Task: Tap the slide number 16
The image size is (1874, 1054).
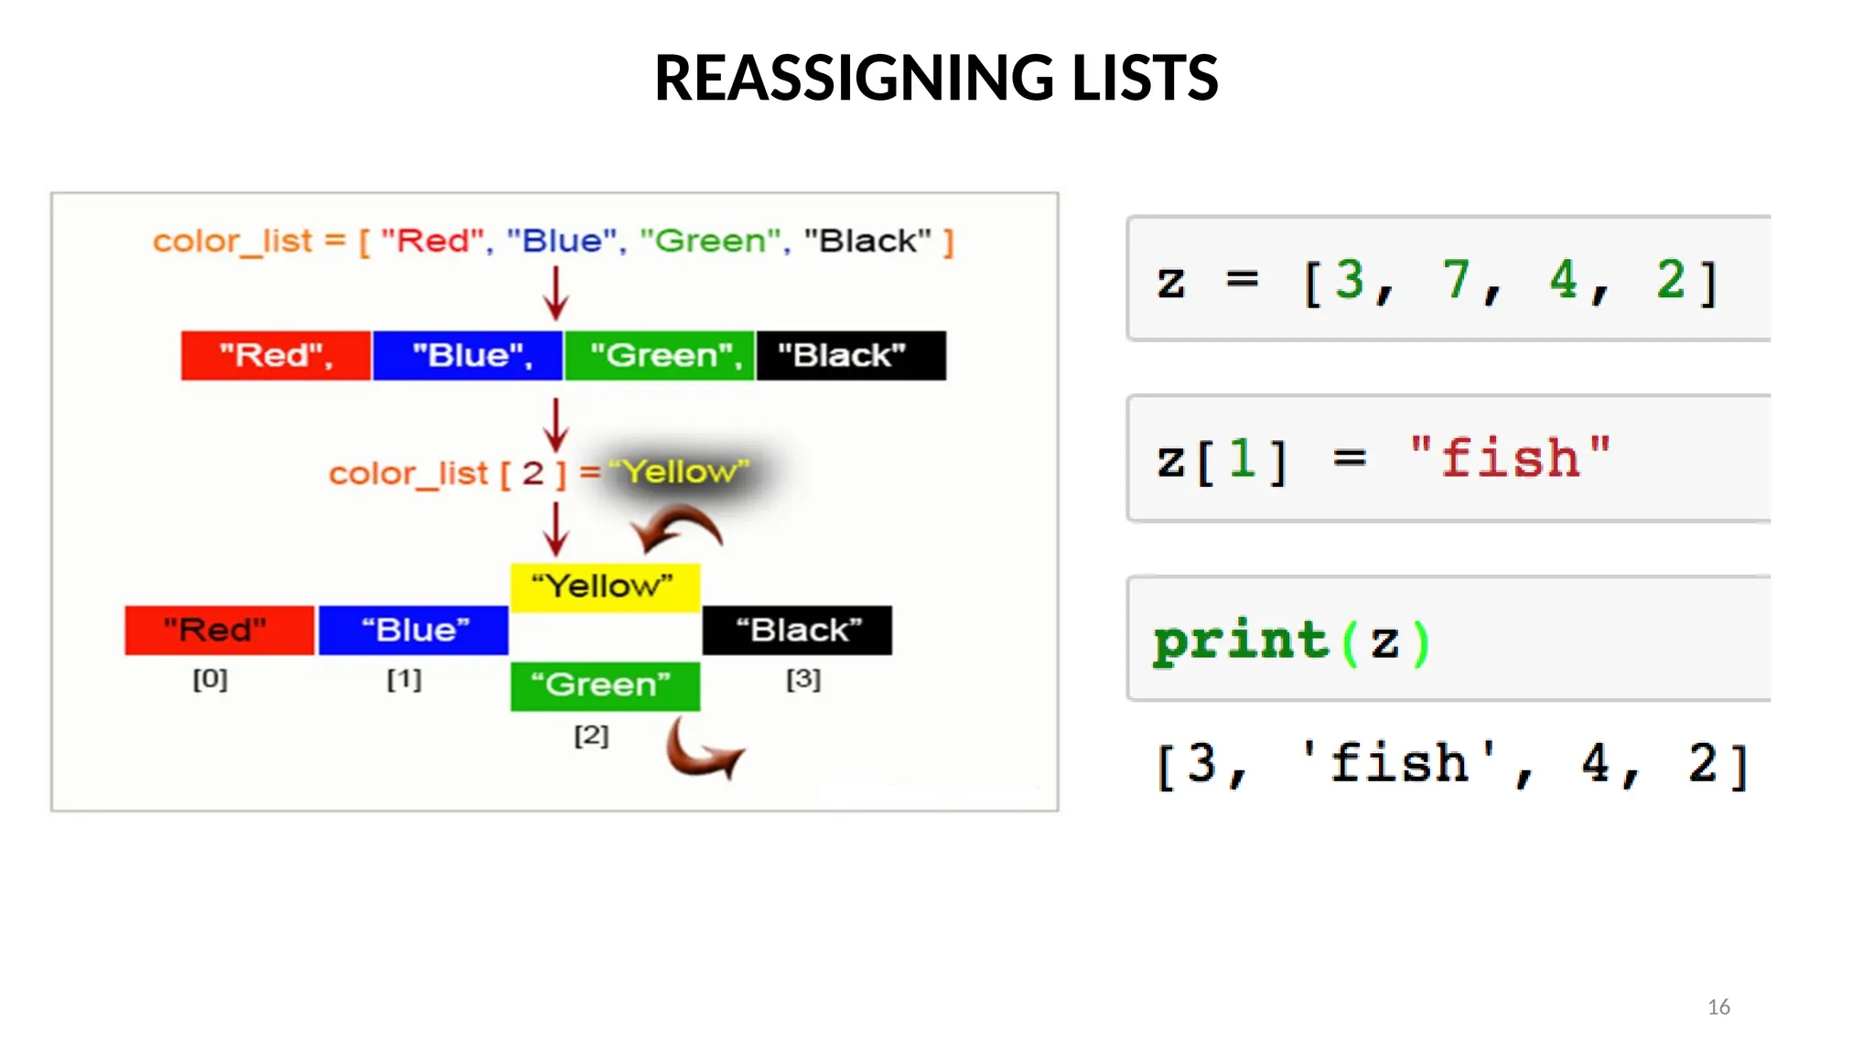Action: point(1718,1006)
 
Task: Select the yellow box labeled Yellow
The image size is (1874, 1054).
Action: point(605,586)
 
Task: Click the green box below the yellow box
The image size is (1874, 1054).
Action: point(605,685)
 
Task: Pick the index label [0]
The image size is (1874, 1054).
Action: point(210,679)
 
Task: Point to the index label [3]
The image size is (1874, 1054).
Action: point(803,679)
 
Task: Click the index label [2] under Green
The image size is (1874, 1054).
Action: point(591,735)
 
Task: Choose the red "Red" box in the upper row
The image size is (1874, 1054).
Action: point(275,355)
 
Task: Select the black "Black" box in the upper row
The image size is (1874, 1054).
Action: point(851,355)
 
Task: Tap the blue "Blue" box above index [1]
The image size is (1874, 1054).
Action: point(413,630)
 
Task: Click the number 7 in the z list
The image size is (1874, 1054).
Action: point(1456,280)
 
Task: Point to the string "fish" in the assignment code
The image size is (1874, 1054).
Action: point(1510,457)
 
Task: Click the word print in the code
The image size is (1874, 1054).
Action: point(1240,640)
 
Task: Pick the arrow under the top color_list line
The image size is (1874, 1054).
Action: point(555,293)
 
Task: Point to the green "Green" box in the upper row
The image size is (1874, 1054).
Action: point(660,355)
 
